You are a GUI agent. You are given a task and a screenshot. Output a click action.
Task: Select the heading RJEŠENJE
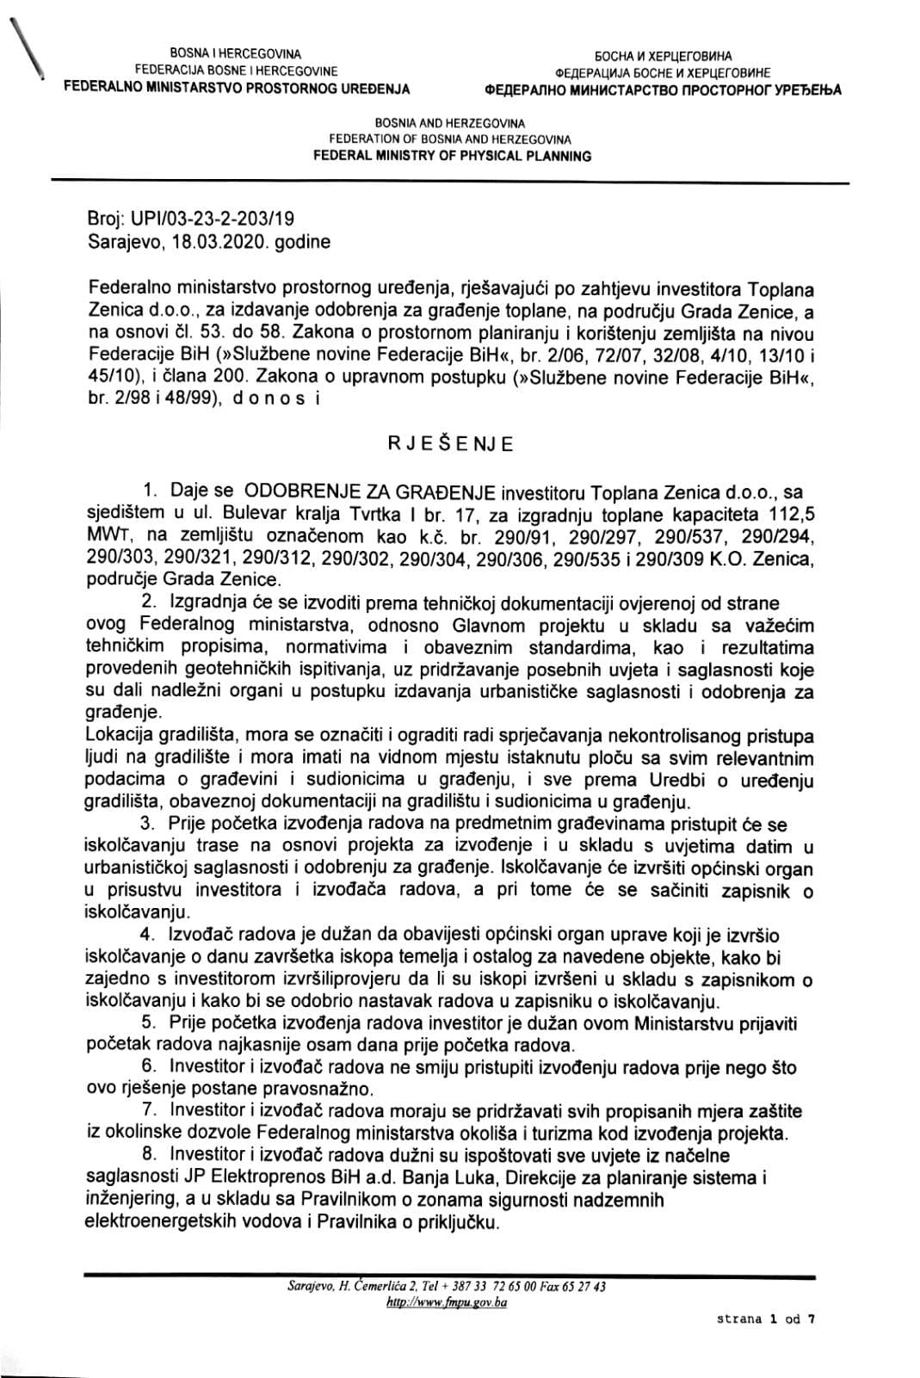tap(450, 444)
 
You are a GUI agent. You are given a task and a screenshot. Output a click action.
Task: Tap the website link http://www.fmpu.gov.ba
tap(447, 1304)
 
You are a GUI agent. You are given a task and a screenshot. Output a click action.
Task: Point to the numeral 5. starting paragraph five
tap(149, 1023)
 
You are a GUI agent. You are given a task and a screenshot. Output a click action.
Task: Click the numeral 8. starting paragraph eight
tap(149, 1154)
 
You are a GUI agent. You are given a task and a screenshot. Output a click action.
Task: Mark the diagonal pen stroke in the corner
tap(26, 45)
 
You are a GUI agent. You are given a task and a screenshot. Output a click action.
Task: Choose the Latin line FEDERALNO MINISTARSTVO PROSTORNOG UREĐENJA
tap(237, 88)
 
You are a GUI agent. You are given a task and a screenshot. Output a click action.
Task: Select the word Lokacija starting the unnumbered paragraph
tap(120, 737)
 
